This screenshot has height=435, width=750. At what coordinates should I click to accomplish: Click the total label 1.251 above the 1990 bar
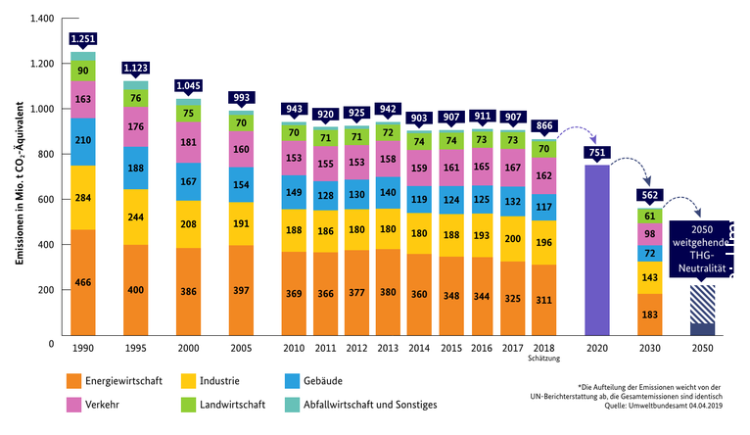point(82,38)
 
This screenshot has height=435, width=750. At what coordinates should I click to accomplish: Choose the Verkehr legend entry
point(100,404)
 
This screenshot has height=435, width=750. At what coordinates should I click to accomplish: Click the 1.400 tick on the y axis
point(41,20)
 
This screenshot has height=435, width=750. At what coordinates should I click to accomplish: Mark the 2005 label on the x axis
point(241,349)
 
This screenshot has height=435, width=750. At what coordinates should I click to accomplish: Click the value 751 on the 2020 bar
point(595,153)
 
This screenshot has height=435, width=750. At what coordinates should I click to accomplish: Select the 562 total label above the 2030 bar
point(648,194)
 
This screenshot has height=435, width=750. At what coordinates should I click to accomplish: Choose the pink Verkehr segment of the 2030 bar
point(648,233)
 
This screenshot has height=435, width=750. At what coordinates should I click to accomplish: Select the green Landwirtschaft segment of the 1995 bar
point(135,98)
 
